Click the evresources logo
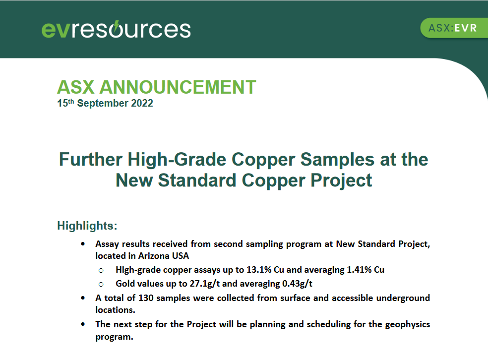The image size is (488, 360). click(116, 30)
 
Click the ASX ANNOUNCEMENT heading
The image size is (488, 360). click(157, 87)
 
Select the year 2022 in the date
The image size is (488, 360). click(142, 103)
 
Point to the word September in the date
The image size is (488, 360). click(103, 103)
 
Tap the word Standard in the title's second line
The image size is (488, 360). click(197, 180)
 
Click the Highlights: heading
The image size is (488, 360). click(87, 226)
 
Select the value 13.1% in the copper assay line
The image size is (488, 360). click(259, 269)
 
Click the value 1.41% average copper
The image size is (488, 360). click(359, 269)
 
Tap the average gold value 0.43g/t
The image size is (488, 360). click(297, 284)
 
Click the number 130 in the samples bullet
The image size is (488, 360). click(146, 298)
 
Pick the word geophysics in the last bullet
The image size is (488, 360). click(408, 324)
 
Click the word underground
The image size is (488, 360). click(403, 298)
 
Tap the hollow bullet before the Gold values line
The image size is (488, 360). click(101, 285)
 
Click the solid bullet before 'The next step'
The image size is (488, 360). click(83, 324)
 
